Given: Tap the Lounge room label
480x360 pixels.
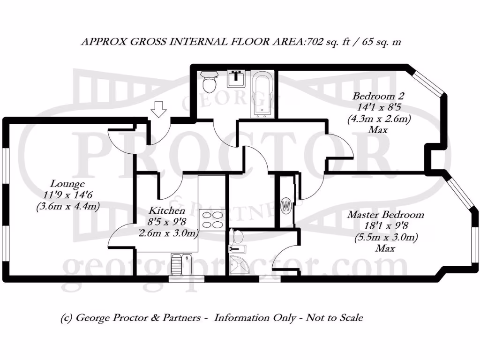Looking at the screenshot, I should (68, 184).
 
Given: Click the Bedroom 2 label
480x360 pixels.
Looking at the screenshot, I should (378, 97).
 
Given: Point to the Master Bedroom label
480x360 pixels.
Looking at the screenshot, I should (385, 215).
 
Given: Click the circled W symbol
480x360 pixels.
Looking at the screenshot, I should (285, 205).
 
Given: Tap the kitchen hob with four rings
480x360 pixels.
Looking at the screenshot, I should (212, 219).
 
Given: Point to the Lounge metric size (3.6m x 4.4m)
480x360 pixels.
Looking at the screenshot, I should (67, 206).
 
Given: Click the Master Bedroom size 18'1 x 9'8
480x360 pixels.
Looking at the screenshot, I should (385, 226).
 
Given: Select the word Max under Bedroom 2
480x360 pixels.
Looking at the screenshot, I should (378, 130).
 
